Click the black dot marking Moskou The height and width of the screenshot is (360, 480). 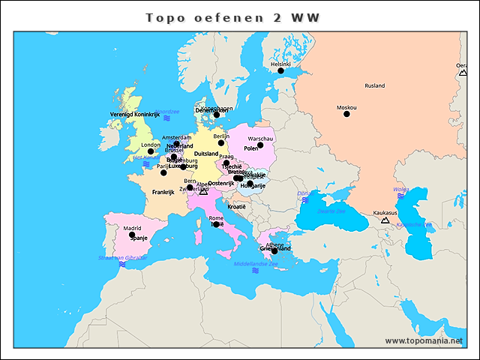pos(346,114)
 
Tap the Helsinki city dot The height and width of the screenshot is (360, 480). pos(281,71)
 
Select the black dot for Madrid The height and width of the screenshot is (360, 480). pos(132,235)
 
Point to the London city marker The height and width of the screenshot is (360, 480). pos(151,151)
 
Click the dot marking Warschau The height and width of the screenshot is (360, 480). pos(261,145)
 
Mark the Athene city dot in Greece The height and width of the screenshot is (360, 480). pos(274,251)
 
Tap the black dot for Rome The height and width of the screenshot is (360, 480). pos(216,224)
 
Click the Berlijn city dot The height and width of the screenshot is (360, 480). pos(220,142)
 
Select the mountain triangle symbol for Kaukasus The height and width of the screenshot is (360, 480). pos(385,220)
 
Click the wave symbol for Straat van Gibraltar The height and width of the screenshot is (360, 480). pos(121,264)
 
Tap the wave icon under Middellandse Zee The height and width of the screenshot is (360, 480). pos(256,271)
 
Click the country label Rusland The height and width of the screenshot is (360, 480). pos(374,85)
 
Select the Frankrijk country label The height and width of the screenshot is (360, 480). pos(163,192)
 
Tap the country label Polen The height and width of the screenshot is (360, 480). pos(251,148)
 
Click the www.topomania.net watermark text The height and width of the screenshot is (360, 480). pos(424,340)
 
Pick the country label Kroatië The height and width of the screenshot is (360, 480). pos(236,206)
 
